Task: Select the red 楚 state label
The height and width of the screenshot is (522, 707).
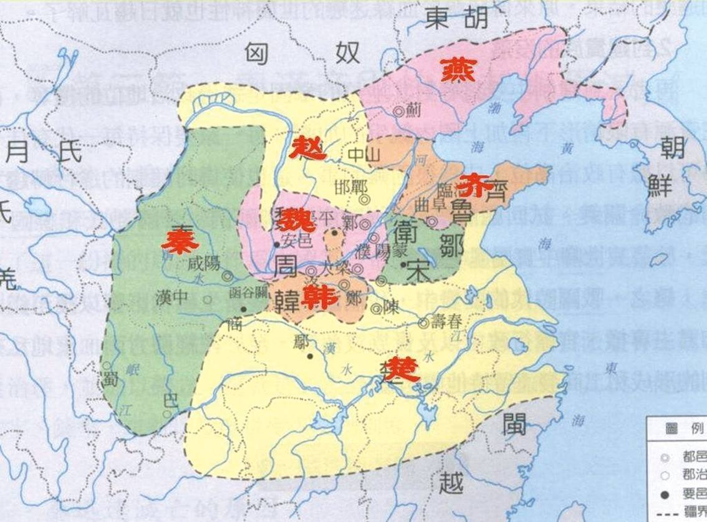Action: click(x=397, y=370)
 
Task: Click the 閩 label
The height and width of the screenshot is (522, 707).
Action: click(x=515, y=423)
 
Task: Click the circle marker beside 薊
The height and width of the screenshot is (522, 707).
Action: click(x=398, y=111)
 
